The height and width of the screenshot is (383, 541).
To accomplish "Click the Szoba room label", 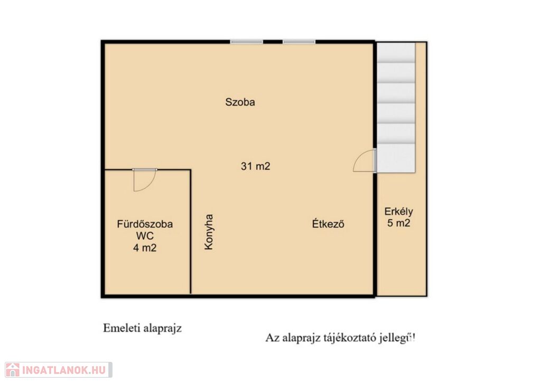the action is (240, 102).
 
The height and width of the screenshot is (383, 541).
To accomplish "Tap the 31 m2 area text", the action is (256, 166).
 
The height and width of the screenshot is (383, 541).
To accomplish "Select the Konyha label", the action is (209, 232).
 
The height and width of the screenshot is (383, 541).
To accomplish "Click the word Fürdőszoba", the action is (145, 224).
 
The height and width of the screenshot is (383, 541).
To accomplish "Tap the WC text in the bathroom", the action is (145, 236).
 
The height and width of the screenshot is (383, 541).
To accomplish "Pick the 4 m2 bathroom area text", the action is (145, 248).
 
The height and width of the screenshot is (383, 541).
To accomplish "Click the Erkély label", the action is (398, 211).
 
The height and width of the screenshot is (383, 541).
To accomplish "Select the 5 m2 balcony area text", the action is (399, 223).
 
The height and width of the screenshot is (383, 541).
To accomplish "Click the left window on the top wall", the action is (247, 42).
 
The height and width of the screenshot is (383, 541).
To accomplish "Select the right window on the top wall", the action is (299, 42).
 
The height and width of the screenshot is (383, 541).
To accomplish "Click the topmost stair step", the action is (396, 52).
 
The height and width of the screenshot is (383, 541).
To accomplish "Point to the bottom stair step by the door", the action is (396, 158).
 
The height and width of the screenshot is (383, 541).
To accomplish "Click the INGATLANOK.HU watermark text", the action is (64, 370).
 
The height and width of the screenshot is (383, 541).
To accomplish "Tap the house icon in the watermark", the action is (13, 370).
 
